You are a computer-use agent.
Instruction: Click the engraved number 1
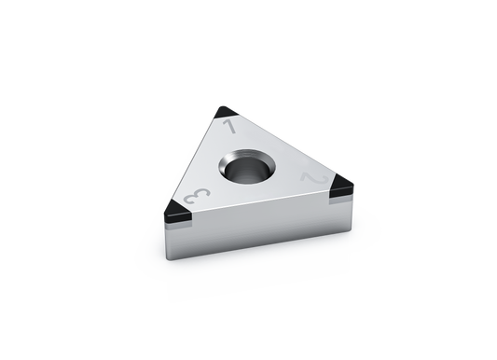click(230, 127)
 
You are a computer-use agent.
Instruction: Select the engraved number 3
click(197, 196)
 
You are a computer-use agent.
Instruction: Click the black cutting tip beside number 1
click(225, 112)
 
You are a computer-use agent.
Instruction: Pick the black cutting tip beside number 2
click(340, 185)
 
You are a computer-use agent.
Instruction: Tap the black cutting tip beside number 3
click(176, 211)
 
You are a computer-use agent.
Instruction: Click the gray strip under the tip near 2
click(341, 200)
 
